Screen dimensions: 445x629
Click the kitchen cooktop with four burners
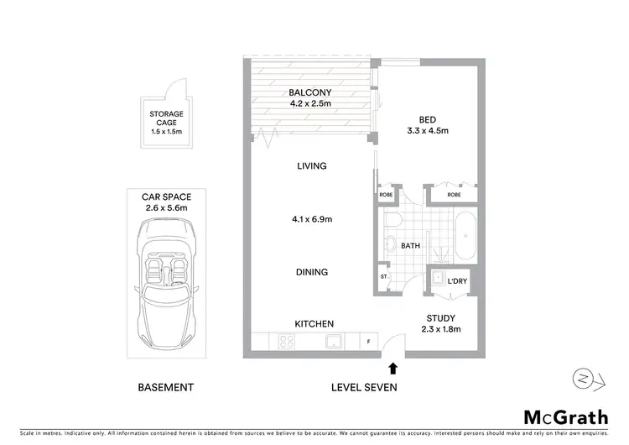285,342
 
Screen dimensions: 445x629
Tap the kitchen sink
333,342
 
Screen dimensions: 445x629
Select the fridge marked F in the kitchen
367,342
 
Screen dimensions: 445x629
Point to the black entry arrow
392,366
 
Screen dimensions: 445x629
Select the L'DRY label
458,280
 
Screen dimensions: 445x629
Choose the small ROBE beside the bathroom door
386,194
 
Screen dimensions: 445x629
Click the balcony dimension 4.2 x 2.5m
312,105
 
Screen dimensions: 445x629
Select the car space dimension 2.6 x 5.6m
168,207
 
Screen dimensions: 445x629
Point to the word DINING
311,272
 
